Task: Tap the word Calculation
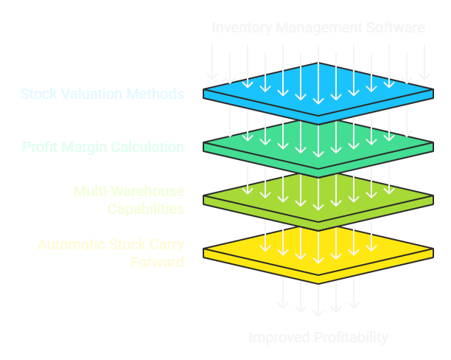(147, 147)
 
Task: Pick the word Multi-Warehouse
(129, 192)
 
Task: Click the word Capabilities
(146, 209)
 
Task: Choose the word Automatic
(70, 244)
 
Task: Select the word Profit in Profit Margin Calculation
(38, 147)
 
